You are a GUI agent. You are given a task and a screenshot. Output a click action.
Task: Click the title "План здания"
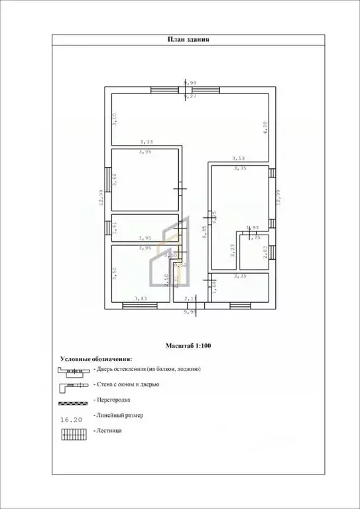189,39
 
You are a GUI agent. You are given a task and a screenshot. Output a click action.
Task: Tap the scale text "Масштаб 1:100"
189,345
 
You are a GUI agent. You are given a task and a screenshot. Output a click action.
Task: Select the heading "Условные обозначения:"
95,358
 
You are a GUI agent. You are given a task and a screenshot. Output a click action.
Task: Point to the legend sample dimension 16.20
71,419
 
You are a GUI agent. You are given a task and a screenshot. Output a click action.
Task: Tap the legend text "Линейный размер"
119,415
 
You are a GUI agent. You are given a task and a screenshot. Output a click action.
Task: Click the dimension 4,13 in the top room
146,141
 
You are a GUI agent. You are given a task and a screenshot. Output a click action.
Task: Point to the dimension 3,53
239,158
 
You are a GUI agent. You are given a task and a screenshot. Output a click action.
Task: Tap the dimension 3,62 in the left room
115,180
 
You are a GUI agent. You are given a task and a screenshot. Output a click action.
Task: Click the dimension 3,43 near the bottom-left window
141,299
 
